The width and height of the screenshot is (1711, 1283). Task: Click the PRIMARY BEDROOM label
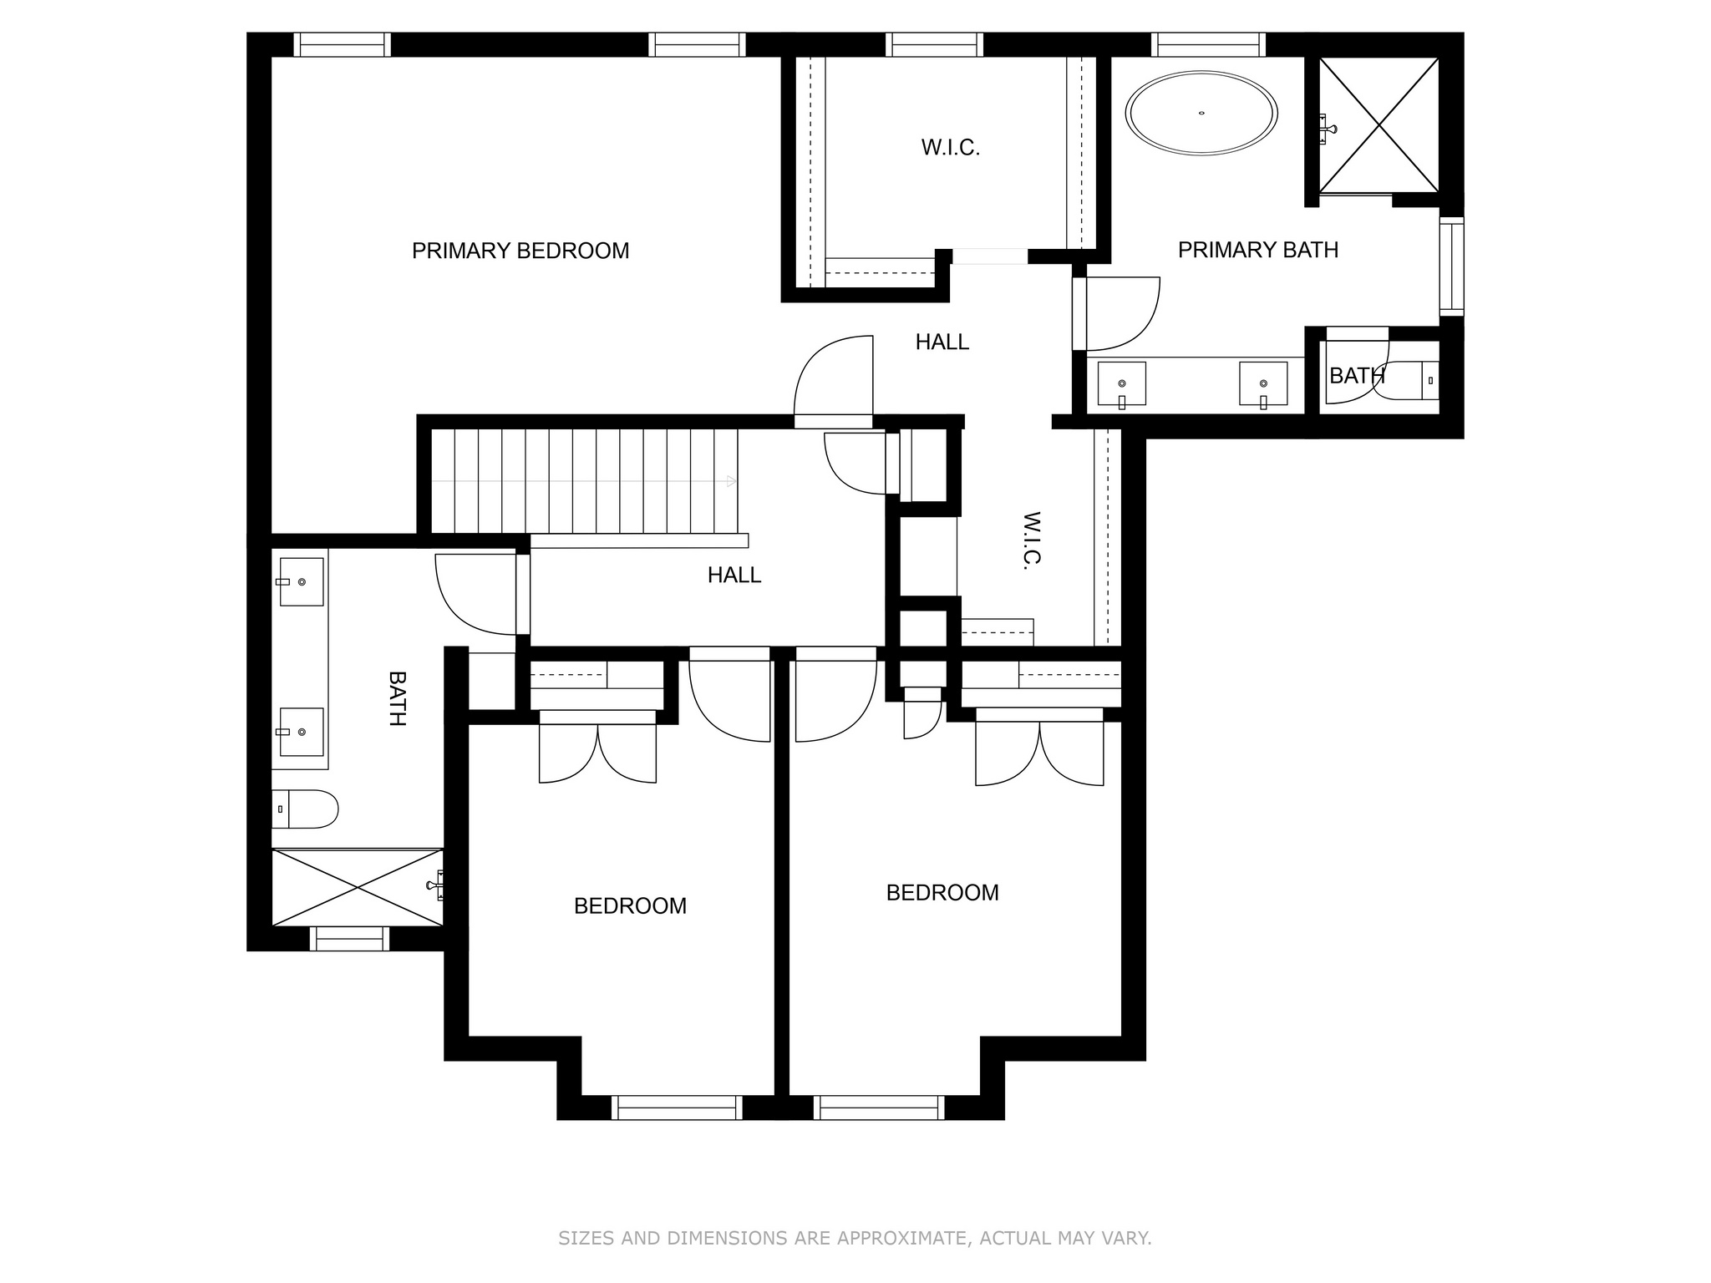[520, 251]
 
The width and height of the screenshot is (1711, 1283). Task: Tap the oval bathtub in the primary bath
[1201, 113]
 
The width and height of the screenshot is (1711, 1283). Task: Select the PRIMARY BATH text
[1258, 250]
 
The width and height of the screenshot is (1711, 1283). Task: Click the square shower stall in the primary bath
[1378, 124]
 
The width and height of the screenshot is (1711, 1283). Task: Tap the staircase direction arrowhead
[732, 481]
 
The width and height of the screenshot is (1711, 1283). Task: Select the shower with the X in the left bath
[358, 887]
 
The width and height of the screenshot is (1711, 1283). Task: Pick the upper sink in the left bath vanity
[301, 581]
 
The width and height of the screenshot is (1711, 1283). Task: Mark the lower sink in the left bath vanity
[301, 732]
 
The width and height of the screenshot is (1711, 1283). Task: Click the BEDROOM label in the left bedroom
[630, 906]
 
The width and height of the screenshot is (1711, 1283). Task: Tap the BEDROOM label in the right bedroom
[942, 893]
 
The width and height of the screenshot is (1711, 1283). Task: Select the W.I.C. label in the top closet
[951, 148]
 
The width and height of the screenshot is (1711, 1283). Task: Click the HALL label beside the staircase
[734, 575]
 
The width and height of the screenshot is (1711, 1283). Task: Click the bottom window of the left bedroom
[677, 1108]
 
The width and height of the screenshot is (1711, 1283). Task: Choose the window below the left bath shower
[349, 939]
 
